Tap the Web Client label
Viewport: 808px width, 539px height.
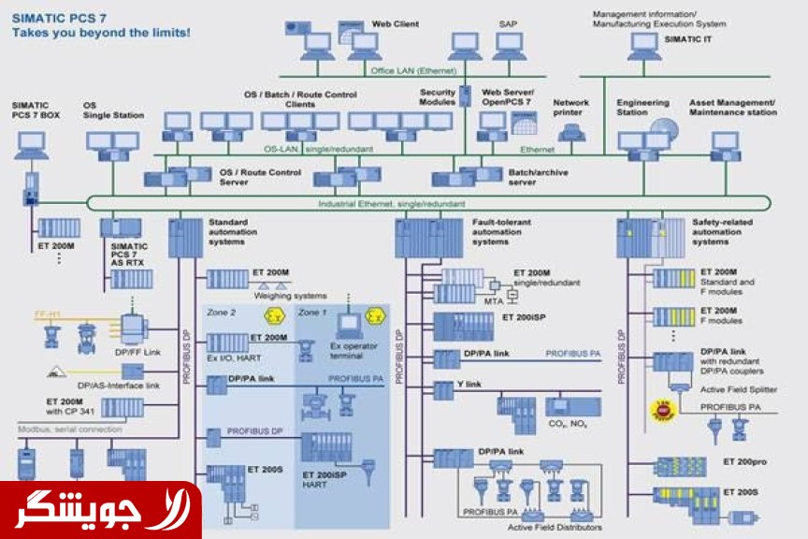click(393, 22)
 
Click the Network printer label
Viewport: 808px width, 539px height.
click(571, 108)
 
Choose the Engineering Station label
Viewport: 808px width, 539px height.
click(642, 108)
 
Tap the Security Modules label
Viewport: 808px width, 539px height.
click(437, 97)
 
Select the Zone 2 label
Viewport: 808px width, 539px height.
click(222, 313)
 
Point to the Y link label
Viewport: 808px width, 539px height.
click(469, 384)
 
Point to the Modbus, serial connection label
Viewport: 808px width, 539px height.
click(69, 430)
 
